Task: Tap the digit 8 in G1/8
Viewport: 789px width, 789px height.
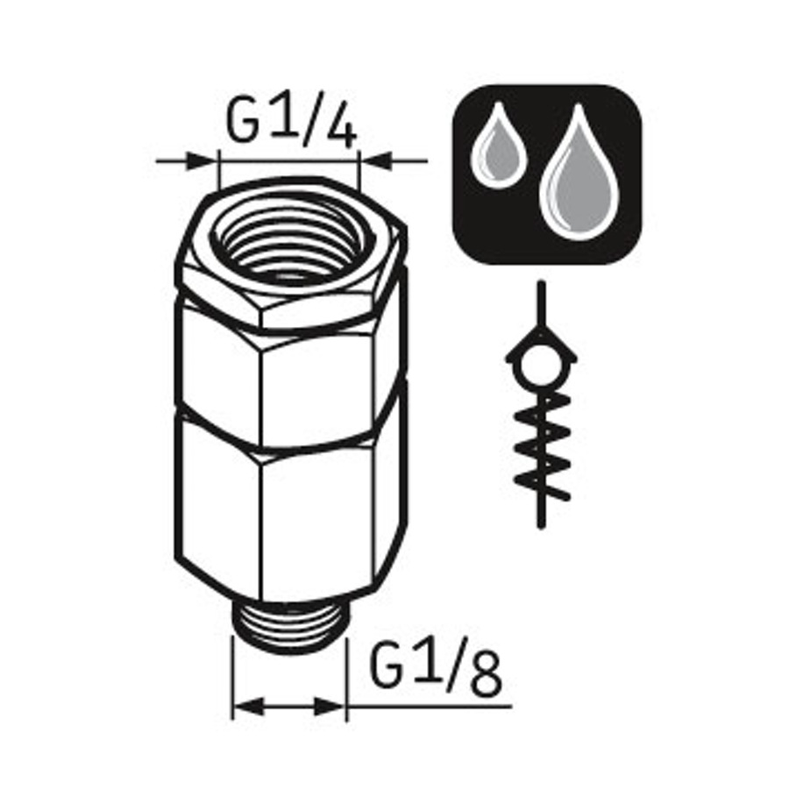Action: click(487, 673)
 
